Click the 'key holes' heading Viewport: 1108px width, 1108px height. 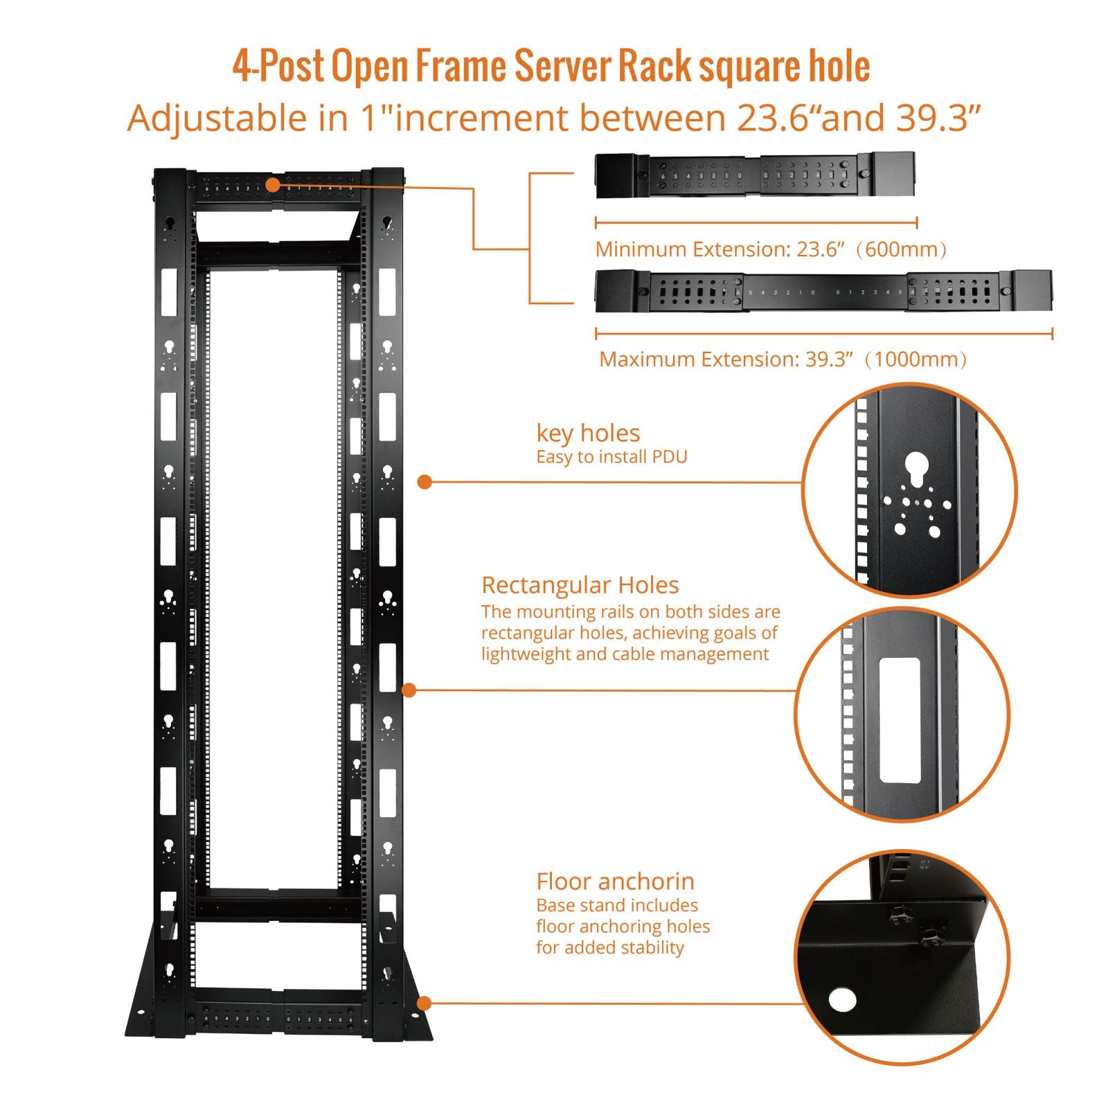coord(588,434)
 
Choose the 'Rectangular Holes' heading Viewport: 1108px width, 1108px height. coord(580,585)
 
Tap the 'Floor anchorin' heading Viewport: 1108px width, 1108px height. coord(615,882)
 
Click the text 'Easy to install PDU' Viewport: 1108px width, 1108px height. coord(611,457)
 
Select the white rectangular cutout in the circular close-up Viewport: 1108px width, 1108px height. coord(899,720)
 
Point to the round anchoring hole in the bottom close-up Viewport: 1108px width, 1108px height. coord(842,999)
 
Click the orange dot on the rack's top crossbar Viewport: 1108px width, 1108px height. coord(272,185)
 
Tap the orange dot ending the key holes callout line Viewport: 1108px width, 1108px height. coord(425,482)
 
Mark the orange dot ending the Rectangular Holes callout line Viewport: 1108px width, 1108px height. coord(409,690)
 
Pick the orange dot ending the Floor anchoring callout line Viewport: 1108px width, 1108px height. coord(425,1003)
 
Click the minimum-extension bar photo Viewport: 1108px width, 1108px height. coord(755,176)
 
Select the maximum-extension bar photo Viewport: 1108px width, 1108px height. coord(823,291)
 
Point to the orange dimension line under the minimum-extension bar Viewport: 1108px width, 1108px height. coord(756,223)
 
